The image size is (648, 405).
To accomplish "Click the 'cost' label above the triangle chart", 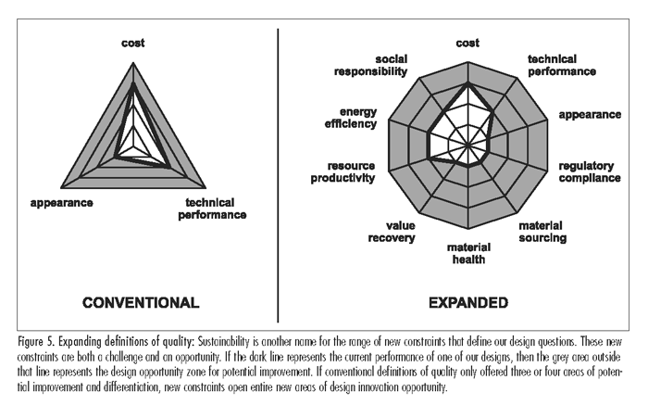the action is pyautogui.click(x=132, y=43).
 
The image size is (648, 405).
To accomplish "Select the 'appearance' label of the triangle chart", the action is pyautogui.click(x=62, y=203).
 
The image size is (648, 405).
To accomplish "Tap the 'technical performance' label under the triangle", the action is pyautogui.click(x=212, y=209).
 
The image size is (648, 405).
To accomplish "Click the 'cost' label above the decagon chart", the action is pyautogui.click(x=467, y=43).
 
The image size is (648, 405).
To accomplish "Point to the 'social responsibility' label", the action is pyautogui.click(x=370, y=66).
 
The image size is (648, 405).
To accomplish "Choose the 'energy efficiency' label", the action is pyautogui.click(x=351, y=118).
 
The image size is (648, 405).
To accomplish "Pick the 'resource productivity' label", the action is pyautogui.click(x=343, y=172).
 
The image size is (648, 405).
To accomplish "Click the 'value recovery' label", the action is pyautogui.click(x=392, y=232).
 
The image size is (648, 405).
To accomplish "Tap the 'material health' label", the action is pyautogui.click(x=468, y=254).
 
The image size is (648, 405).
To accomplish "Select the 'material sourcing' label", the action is pyautogui.click(x=542, y=232).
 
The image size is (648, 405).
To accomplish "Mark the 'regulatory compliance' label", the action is pyautogui.click(x=590, y=172).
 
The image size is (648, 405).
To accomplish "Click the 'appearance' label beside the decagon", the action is pyautogui.click(x=590, y=115).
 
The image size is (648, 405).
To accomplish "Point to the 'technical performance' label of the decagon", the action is pyautogui.click(x=562, y=66).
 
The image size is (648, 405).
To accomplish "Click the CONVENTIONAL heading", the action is pyautogui.click(x=141, y=303).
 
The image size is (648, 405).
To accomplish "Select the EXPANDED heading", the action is pyautogui.click(x=468, y=303).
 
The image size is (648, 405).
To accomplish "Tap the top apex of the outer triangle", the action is pyautogui.click(x=133, y=63).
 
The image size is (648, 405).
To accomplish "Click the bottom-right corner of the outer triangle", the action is pyautogui.click(x=206, y=188).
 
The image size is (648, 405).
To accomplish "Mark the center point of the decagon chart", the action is pyautogui.click(x=467, y=146).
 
